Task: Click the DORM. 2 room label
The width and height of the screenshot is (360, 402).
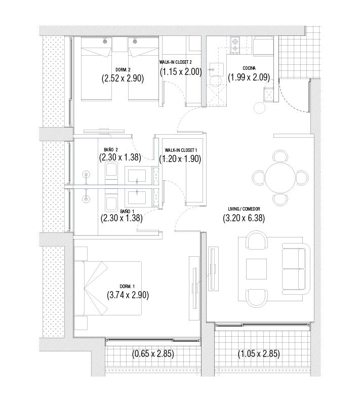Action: [123, 70]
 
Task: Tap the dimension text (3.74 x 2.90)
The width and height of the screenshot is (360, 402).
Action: [128, 295]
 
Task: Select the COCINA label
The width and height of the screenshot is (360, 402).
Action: [249, 68]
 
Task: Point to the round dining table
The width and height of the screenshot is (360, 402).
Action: [281, 177]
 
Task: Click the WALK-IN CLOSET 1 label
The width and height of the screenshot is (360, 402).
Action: [181, 150]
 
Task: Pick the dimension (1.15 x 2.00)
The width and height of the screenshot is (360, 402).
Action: [181, 71]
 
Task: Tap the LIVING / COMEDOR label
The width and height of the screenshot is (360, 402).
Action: [244, 209]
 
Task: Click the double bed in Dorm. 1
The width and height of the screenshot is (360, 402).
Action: [108, 288]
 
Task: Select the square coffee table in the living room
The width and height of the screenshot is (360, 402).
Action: [257, 269]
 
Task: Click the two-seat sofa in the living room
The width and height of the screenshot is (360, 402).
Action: [296, 269]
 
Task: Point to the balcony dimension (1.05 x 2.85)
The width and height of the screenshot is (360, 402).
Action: [259, 354]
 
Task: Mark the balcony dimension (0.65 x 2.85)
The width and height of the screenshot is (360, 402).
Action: [153, 354]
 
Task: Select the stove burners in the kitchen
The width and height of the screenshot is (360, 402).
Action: [235, 45]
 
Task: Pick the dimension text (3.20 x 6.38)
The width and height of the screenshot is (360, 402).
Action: [244, 218]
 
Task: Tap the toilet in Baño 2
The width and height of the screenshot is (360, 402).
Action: [111, 173]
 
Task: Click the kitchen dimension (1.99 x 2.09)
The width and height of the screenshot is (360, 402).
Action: [249, 77]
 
